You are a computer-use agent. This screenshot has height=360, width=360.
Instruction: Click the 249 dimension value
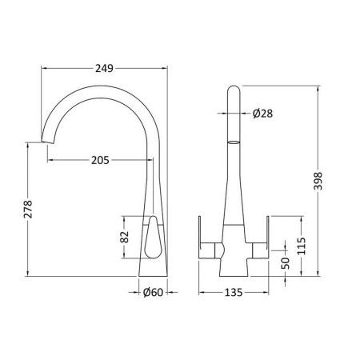[104, 69]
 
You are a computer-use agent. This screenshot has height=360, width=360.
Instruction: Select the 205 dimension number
[100, 160]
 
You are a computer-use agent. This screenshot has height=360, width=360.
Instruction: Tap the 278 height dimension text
[28, 210]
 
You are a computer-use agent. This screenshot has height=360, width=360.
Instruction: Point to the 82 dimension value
[125, 237]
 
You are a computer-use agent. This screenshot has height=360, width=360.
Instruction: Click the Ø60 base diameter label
[153, 293]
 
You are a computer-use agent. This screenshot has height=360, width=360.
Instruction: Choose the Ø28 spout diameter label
[262, 114]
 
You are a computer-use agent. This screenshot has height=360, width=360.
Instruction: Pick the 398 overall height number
[318, 182]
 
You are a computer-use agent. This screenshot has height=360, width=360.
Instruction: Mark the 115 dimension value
[302, 246]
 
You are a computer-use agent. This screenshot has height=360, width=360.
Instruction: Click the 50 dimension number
[286, 263]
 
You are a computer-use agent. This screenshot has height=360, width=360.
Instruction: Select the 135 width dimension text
[234, 293]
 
